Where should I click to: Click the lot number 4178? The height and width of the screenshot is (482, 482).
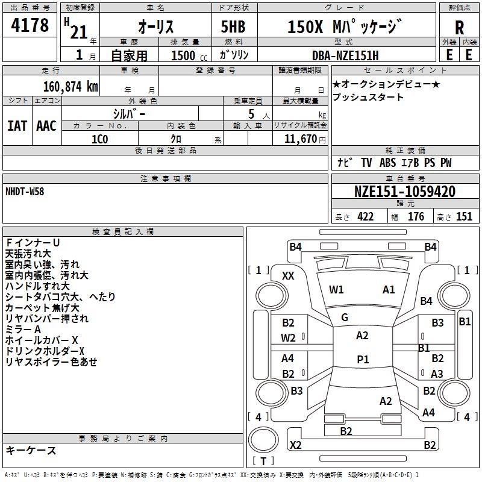pos(30,25)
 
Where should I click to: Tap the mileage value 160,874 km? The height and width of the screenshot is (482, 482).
pos(70,87)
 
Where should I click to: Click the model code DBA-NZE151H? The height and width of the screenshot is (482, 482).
pos(349,55)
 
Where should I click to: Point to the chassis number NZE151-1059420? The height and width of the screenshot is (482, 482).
pos(404,192)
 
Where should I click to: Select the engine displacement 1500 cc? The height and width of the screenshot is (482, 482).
pos(184,55)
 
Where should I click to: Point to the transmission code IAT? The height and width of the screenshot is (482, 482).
pos(17,126)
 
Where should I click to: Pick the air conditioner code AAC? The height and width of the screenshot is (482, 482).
pos(46,126)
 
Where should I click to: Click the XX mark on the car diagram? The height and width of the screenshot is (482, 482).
pos(289,276)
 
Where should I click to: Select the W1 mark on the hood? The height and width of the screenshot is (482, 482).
pos(336,290)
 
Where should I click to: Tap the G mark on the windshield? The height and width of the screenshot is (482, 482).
pos(344,318)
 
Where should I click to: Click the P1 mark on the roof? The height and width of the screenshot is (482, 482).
pos(363,360)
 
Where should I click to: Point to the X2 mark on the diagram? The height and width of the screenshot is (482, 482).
pos(295,445)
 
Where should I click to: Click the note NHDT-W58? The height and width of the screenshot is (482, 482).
pos(25,191)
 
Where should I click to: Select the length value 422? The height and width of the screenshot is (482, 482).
pos(365,217)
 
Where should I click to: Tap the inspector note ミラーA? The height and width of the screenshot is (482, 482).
pos(23,330)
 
